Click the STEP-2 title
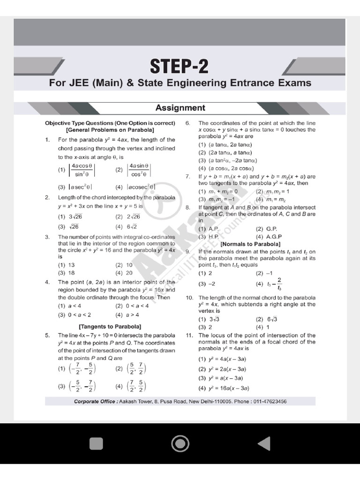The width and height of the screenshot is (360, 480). click(x=180, y=66)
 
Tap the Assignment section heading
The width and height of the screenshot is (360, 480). click(x=180, y=108)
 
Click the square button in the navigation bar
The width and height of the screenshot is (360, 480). click(x=96, y=443)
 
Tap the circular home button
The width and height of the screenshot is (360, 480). click(x=180, y=443)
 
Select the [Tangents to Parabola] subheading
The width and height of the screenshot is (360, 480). click(x=110, y=326)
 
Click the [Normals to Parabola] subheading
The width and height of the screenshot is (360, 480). click(x=250, y=244)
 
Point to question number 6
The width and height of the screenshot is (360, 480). click(x=187, y=123)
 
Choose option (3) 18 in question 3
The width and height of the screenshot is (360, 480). click(x=67, y=272)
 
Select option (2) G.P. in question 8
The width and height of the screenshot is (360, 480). click(x=266, y=229)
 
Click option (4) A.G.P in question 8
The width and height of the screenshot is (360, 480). click(x=268, y=237)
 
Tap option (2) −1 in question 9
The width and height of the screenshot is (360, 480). click(x=264, y=273)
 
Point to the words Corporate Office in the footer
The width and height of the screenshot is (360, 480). click(x=96, y=402)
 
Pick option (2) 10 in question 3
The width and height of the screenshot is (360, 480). click(x=124, y=265)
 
